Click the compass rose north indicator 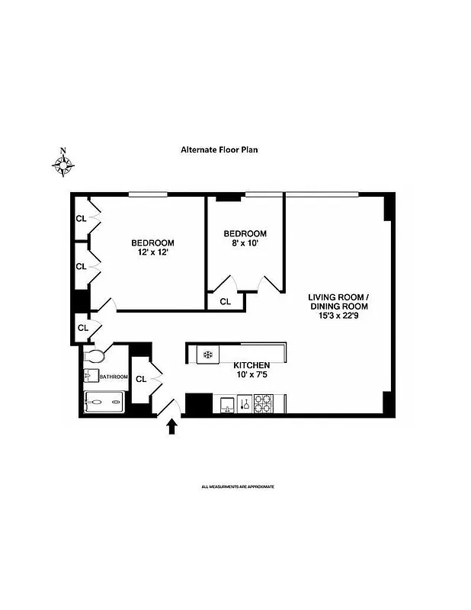coord(64,162)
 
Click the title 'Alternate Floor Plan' coord(219,150)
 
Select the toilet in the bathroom coord(95,355)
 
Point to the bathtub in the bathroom coord(103,401)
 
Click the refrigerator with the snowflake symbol coord(207,355)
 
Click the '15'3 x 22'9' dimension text coord(338,316)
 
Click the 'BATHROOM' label coord(113,377)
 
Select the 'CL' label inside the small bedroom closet coord(226,302)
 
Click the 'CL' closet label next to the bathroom coord(141,379)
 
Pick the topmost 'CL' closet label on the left coord(81,219)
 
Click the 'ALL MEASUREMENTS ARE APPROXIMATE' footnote coord(237,486)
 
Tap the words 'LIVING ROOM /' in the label coord(338,297)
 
